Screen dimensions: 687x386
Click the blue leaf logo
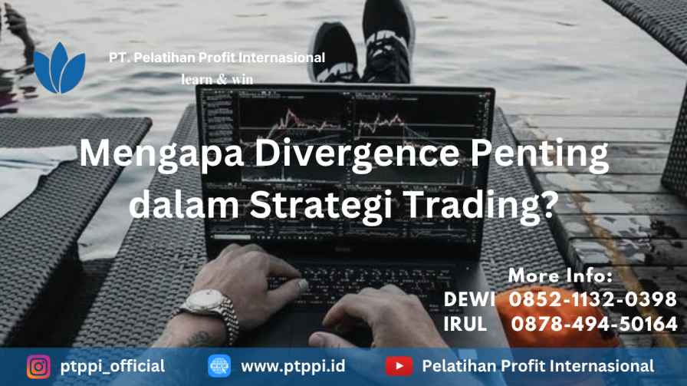click(60, 68)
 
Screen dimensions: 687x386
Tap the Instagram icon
click(38, 366)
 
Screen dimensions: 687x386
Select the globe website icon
click(219, 366)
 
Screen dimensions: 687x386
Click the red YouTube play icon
click(399, 366)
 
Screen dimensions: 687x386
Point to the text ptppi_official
click(113, 367)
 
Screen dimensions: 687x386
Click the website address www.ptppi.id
click(293, 366)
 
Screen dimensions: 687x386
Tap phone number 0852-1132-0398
click(593, 299)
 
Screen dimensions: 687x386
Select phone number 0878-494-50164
click(594, 324)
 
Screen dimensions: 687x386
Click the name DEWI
click(469, 299)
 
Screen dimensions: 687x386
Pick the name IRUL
click(465, 324)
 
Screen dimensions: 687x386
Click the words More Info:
click(560, 275)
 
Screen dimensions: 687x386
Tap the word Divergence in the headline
click(357, 153)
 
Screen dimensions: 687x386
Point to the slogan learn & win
click(217, 79)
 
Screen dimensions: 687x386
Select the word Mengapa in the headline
click(161, 154)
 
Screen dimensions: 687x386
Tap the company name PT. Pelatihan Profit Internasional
click(217, 58)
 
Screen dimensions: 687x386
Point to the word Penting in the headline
click(540, 154)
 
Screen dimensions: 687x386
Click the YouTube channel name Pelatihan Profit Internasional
click(538, 366)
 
